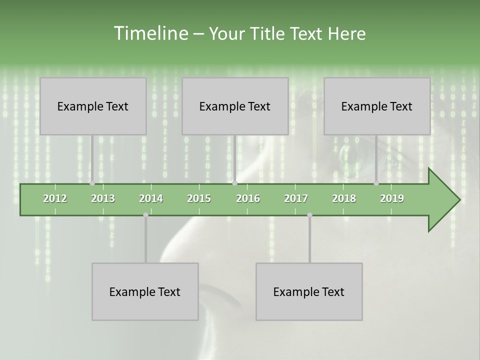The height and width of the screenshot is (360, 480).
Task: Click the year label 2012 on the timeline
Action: (55, 198)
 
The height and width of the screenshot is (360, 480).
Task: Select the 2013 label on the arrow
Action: (103, 198)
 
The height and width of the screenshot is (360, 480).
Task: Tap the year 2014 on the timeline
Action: (151, 198)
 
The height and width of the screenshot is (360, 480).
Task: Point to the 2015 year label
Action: (199, 198)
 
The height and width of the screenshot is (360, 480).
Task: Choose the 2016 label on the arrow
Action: (248, 198)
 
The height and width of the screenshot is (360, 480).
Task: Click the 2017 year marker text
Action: (296, 198)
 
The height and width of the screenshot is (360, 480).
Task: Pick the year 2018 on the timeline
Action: (344, 198)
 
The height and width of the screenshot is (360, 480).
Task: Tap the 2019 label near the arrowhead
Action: (392, 198)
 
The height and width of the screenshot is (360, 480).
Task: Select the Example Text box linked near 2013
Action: (93, 106)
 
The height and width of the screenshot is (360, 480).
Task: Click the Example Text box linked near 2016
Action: (235, 106)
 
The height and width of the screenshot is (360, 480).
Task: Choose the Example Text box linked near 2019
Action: (377, 106)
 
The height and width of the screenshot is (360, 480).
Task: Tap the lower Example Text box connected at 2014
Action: (145, 291)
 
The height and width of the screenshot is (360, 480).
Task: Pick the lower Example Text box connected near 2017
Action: (309, 291)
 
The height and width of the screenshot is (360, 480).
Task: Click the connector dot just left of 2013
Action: (92, 183)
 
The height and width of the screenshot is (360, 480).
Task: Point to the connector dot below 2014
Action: (145, 215)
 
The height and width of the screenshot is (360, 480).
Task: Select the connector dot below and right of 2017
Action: (309, 215)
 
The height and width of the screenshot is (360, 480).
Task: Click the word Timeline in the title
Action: (149, 33)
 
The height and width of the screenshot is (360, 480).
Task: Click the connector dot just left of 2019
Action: (376, 183)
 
